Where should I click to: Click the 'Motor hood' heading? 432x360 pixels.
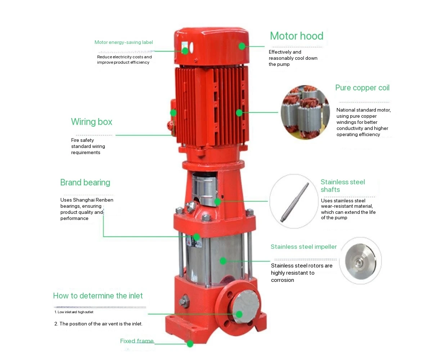coord(297,36)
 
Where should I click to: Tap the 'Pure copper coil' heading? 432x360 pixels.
coord(362,88)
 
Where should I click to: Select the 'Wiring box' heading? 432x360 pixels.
coord(92,122)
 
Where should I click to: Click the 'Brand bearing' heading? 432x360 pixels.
coord(85,183)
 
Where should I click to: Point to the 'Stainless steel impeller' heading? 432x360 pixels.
coord(303,247)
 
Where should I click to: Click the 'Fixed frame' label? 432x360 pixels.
coord(137,341)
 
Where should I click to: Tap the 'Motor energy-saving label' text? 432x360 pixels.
coord(124,42)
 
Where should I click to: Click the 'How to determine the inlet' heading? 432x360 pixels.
coord(98,296)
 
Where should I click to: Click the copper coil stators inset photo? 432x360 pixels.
coord(305,112)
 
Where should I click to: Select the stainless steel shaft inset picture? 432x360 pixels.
coord(294,201)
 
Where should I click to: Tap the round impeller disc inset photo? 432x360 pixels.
coord(360,261)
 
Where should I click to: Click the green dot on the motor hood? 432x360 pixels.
coord(242,46)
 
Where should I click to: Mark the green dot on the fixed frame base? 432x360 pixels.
coord(190,344)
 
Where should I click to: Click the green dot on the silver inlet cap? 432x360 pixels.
coord(239,314)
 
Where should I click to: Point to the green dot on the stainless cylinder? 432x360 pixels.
coord(223,261)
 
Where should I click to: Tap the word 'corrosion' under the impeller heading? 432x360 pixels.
coord(282,280)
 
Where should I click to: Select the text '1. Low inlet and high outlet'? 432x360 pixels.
coord(74,312)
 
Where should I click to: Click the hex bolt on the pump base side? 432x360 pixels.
coord(184,301)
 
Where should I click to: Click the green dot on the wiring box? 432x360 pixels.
coord(174,113)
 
